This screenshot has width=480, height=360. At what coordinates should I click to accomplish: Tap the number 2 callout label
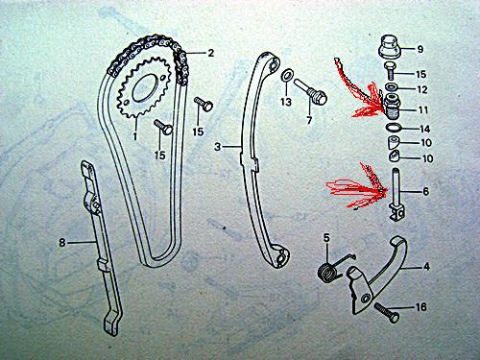(210, 53)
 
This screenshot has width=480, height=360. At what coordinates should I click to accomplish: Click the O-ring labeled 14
(395, 127)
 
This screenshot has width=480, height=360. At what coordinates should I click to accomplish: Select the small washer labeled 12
(392, 87)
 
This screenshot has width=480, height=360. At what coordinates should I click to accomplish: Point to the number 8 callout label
(62, 242)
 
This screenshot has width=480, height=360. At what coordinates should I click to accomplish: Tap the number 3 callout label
(218, 147)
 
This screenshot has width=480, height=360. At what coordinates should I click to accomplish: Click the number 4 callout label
(427, 266)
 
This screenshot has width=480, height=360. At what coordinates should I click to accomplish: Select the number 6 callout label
(425, 191)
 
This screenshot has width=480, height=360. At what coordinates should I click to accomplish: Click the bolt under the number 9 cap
(391, 71)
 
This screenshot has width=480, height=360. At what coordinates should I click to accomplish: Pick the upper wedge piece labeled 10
(395, 142)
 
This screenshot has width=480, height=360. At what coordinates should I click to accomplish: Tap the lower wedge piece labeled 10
(395, 156)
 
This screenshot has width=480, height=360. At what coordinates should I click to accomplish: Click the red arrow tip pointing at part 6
(387, 190)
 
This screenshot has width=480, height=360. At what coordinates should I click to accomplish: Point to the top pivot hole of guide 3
(273, 64)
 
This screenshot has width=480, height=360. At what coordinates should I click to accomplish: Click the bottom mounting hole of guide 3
(281, 258)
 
